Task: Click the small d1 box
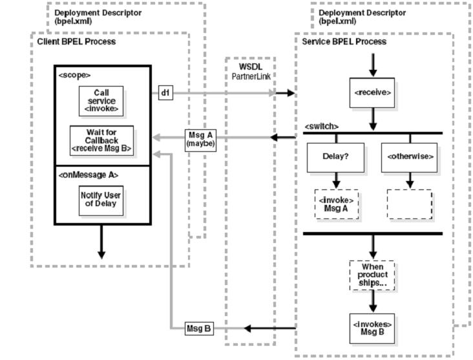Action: pos(165,93)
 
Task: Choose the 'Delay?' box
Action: pos(336,156)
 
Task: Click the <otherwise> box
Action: pos(409,156)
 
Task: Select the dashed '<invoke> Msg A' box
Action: pos(336,204)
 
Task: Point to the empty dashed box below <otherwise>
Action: pos(409,204)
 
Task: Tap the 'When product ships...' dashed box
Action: pos(372,275)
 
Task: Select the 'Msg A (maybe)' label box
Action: pos(200,139)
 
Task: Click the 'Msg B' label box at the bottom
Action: pos(198,328)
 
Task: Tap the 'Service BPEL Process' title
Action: pos(344,42)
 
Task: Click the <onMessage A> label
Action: pos(82,173)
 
